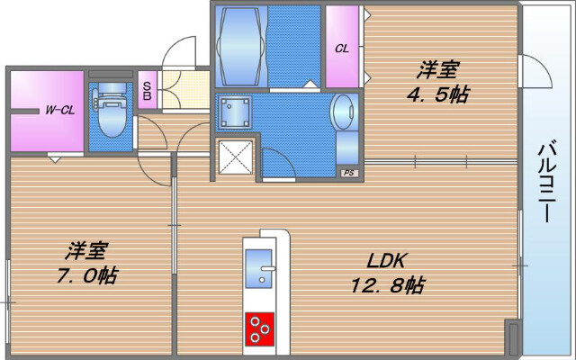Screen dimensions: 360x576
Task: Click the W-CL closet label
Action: (x=60, y=111)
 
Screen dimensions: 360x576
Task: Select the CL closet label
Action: (x=342, y=49)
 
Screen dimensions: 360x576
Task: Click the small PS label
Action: (x=346, y=171)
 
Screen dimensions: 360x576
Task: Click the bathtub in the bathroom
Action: (x=239, y=45)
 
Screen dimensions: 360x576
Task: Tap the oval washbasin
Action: (x=344, y=117)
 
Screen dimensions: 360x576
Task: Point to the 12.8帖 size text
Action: (x=388, y=286)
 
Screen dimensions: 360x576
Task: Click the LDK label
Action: (x=388, y=261)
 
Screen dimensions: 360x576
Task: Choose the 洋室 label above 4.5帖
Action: (x=437, y=68)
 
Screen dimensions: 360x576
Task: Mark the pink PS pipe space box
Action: (x=346, y=171)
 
